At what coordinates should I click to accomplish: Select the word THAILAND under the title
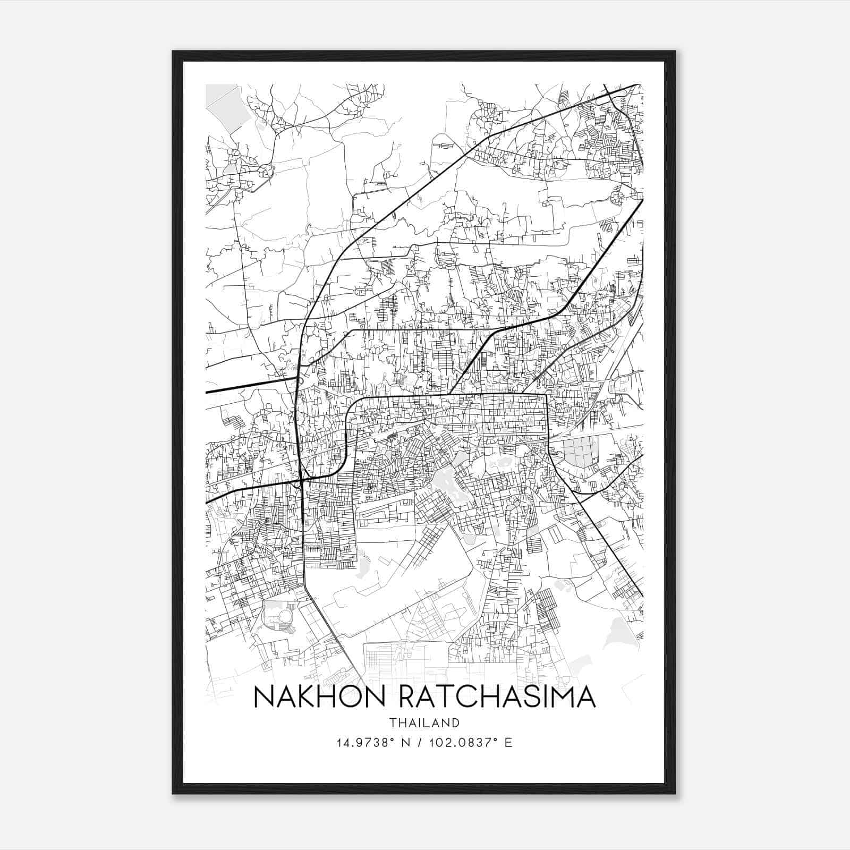click(424, 722)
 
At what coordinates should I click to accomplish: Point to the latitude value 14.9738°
click(362, 742)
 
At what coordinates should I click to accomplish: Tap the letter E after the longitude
click(509, 742)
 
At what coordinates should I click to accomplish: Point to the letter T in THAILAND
click(392, 722)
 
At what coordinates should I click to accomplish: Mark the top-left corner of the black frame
click(174, 52)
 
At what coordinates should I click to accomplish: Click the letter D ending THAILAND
click(456, 722)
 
